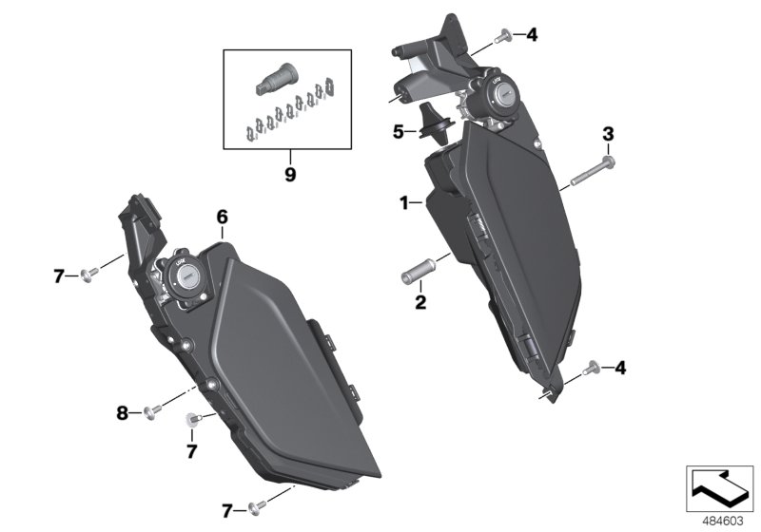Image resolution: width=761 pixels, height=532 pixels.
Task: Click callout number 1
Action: (x=404, y=202)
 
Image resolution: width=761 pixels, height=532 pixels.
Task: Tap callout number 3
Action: (x=607, y=134)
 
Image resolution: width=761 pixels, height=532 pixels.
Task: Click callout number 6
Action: (x=223, y=217)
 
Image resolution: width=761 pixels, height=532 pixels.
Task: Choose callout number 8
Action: (x=122, y=411)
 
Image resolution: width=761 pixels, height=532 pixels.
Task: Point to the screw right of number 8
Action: (x=150, y=411)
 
